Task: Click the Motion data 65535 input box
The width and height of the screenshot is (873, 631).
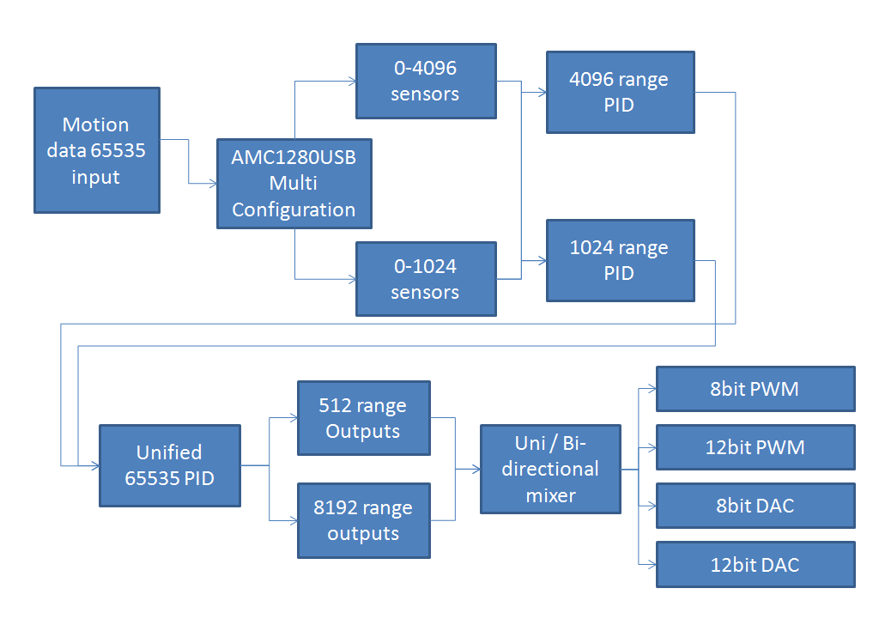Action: [x=96, y=150]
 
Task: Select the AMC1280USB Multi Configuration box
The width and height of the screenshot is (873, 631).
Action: [x=294, y=184]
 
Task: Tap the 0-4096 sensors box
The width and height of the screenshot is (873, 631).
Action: [x=425, y=81]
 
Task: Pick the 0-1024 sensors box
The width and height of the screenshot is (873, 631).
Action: [x=425, y=279]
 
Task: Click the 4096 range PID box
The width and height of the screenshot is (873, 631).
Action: [x=619, y=92]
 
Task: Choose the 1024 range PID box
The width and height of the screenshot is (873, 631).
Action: [x=619, y=260]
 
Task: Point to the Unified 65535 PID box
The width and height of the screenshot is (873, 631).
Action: [x=169, y=464]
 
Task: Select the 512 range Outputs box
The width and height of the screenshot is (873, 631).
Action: [x=362, y=418]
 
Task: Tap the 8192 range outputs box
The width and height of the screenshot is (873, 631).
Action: [x=362, y=520]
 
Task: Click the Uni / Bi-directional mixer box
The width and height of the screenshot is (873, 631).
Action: [x=550, y=469]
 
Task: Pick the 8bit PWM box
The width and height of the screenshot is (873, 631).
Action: [x=755, y=389]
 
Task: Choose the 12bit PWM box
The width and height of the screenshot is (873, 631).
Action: [x=755, y=447]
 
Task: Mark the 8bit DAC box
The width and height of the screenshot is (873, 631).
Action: [x=755, y=506]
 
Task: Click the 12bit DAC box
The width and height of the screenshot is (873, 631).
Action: [x=755, y=564]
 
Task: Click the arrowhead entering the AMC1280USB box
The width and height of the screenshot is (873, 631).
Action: [x=212, y=184]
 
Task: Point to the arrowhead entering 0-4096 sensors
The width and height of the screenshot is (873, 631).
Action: [x=352, y=82]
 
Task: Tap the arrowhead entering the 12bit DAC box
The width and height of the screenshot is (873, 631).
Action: [x=652, y=564]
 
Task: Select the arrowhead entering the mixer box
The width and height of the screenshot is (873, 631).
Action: [x=476, y=470]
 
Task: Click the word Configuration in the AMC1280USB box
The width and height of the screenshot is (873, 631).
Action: [x=294, y=209]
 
